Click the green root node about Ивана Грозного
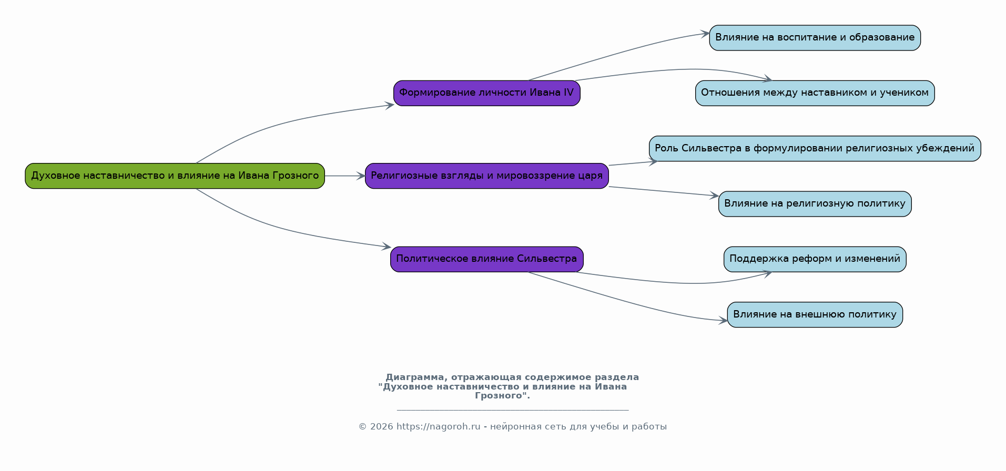pos(175,176)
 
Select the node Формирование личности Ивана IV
pos(486,93)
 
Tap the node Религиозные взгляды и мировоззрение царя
pos(486,176)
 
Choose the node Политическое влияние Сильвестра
pos(486,259)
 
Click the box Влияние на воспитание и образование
pos(815,38)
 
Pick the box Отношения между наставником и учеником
pos(815,93)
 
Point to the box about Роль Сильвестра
pos(815,148)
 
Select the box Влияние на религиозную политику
pos(815,204)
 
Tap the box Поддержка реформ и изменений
pos(815,259)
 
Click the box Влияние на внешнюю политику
pos(815,314)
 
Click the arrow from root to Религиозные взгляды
pos(345,176)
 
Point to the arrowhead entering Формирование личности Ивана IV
pos(390,106)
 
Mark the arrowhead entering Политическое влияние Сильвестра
pos(387,246)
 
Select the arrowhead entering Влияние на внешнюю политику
pos(724,321)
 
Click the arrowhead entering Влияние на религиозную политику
pos(714,196)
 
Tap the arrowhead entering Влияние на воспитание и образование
pos(705,34)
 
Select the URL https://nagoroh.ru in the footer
pos(439,427)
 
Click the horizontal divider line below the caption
pos(513,410)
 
